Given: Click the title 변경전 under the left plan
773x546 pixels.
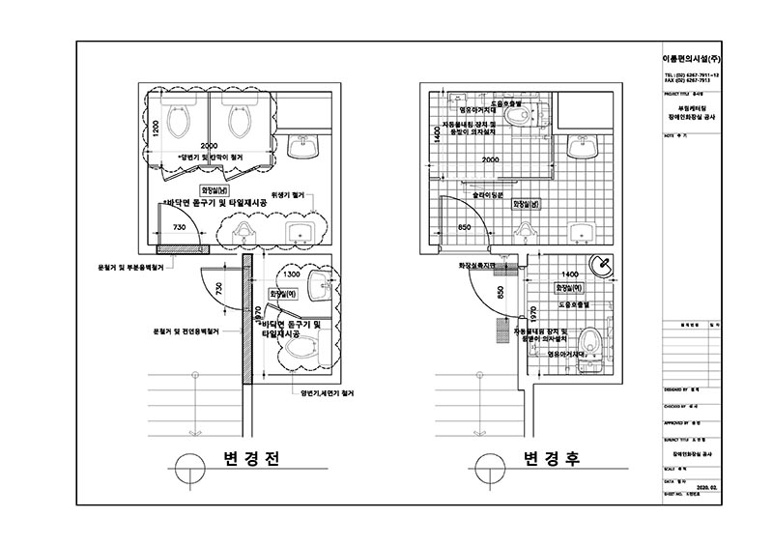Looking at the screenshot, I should tap(249, 462).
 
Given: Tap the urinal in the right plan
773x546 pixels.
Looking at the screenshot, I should tap(526, 230).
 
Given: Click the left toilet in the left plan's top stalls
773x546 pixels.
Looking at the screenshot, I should tap(181, 120).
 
